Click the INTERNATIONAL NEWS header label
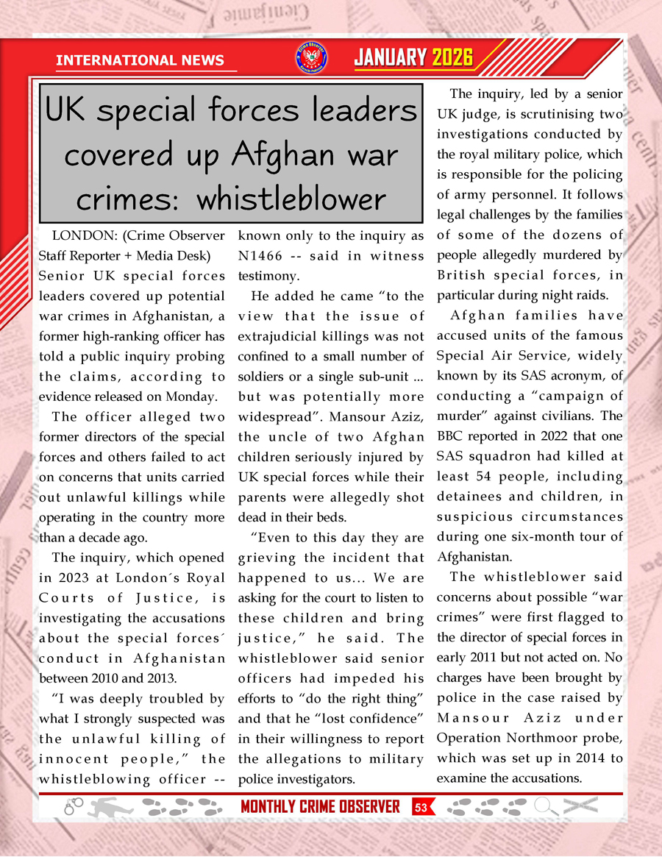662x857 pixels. (140, 60)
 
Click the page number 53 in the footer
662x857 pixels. (421, 806)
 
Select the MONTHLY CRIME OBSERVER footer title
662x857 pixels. (320, 806)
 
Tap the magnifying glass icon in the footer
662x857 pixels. (545, 806)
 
